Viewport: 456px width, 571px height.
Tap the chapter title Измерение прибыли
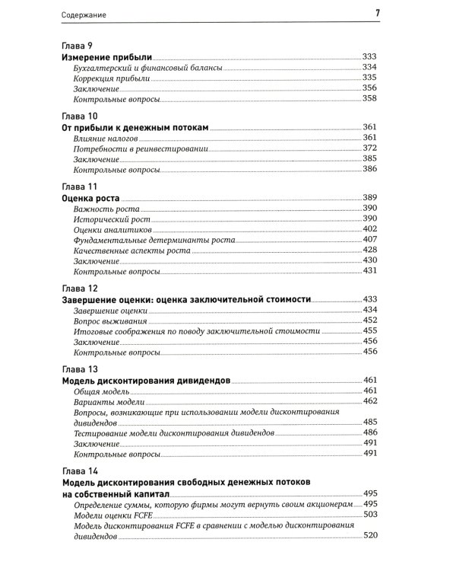[x=107, y=57]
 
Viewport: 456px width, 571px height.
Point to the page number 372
[x=370, y=148]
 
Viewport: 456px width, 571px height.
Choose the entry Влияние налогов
[x=106, y=137]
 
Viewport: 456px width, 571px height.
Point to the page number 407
[x=370, y=239]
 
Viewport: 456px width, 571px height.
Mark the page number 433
[x=370, y=299]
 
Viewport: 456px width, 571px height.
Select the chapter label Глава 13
[x=78, y=369]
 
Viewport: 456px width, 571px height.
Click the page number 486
[x=370, y=432]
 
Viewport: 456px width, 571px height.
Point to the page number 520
[x=370, y=536]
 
